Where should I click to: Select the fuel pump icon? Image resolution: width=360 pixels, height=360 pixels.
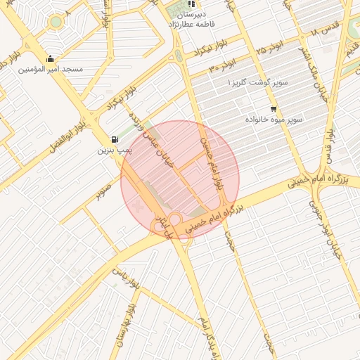(115, 139)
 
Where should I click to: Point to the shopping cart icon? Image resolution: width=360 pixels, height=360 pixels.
(273, 109)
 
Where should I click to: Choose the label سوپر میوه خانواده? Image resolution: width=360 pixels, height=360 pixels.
(274, 120)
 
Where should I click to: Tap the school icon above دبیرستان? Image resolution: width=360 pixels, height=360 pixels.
(191, 4)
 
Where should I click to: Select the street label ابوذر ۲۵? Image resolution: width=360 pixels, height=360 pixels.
(269, 47)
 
